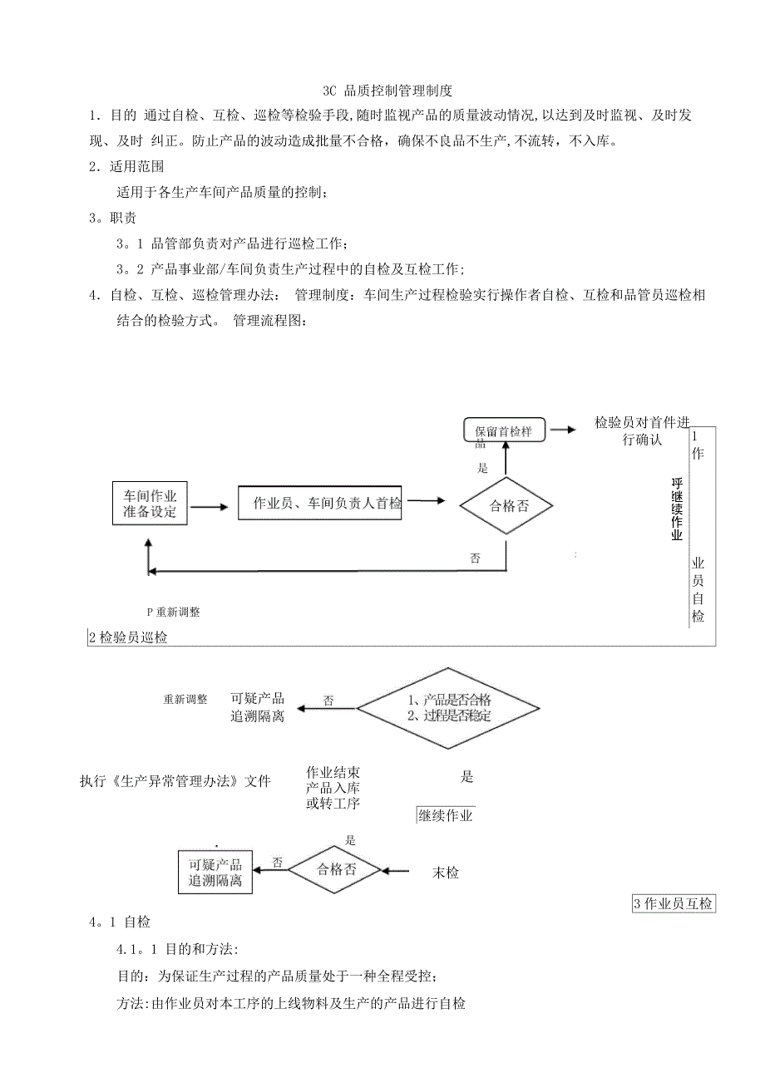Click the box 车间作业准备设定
click(x=151, y=503)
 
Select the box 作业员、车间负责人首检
click(x=320, y=504)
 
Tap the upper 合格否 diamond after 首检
click(x=507, y=504)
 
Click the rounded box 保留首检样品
click(x=504, y=430)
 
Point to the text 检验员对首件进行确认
click(x=641, y=430)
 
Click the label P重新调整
click(x=173, y=612)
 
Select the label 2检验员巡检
click(x=128, y=637)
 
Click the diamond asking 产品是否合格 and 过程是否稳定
click(x=448, y=708)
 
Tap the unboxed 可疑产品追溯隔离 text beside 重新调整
click(x=258, y=707)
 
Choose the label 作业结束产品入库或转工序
click(x=333, y=787)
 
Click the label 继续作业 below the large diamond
click(x=446, y=815)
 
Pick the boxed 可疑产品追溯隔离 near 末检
click(x=215, y=873)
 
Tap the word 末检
click(x=446, y=873)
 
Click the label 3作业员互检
click(x=674, y=903)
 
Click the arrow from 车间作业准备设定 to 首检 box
click(x=208, y=506)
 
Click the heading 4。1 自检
click(x=120, y=922)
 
